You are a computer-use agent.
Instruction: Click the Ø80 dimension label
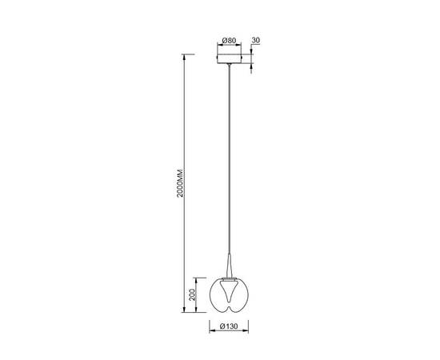(x=229, y=41)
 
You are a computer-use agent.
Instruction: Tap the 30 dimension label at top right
(x=256, y=40)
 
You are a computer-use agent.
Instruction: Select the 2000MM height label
(x=180, y=183)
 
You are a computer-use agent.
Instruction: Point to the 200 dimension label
(x=192, y=294)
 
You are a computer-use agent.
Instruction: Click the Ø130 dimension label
(x=229, y=326)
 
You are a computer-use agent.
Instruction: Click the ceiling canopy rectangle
(x=230, y=58)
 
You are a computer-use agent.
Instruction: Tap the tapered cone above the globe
(x=230, y=266)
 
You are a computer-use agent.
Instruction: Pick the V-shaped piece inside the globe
(x=229, y=292)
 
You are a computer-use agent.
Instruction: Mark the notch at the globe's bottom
(x=229, y=309)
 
